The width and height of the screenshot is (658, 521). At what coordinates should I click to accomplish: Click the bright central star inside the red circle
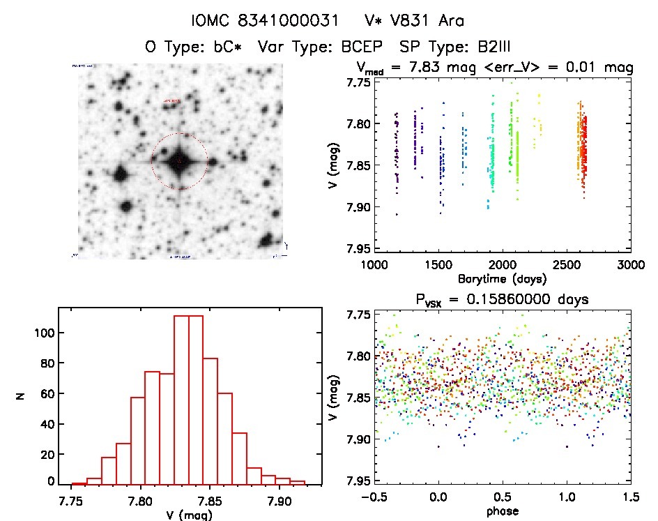tap(179, 161)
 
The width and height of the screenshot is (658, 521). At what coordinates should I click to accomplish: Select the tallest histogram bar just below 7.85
tap(196, 399)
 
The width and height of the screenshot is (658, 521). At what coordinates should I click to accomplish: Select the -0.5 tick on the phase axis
tap(371, 498)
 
